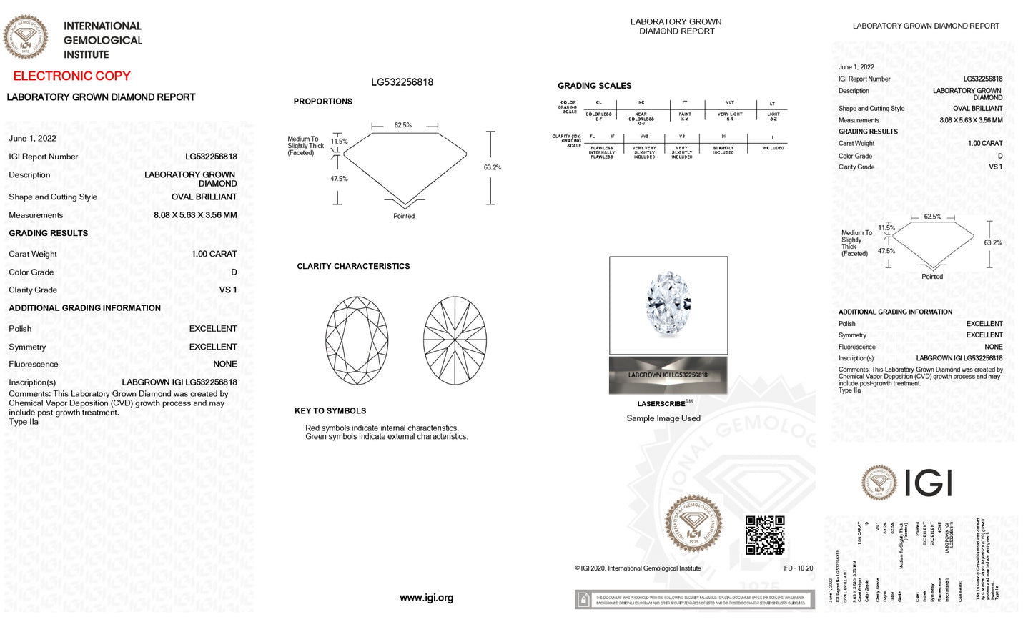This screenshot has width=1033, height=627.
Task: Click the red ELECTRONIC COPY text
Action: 71,76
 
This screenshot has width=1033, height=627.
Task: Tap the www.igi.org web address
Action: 426,598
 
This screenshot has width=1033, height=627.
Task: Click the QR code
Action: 765,535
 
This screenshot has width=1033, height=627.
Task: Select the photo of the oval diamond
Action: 668,305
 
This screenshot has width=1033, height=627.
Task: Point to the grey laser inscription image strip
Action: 668,375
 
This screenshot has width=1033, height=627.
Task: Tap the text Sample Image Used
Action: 663,418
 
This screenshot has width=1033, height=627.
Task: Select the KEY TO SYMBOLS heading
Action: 330,411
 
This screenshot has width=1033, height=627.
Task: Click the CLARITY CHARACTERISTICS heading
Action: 353,266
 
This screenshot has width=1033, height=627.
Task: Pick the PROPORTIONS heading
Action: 322,102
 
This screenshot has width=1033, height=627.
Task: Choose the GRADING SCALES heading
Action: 594,86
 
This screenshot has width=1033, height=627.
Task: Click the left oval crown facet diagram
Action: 357,340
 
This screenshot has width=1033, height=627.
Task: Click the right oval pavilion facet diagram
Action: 455,340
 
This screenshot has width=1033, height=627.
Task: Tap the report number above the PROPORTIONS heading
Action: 402,82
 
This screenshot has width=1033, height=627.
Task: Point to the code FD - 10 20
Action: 798,568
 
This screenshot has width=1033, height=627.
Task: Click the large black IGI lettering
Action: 929,483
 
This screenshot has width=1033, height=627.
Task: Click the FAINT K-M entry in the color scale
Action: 685,116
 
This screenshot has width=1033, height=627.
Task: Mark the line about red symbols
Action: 382,428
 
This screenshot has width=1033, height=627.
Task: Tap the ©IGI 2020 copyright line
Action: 638,568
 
